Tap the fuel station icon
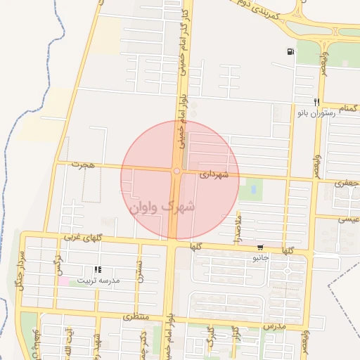[x=290, y=51]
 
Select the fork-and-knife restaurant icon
[x=317, y=102]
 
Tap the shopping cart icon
[x=261, y=247]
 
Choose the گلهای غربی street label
[x=83, y=238]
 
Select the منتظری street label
[x=136, y=317]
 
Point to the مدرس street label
[x=274, y=328]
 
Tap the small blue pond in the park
[x=252, y=190]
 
